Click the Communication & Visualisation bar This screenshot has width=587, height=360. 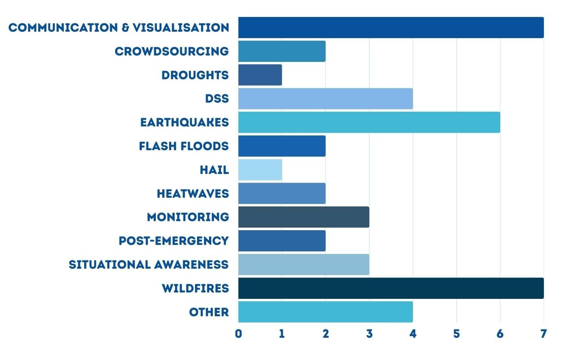point(391,28)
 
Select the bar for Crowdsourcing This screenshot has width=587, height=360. point(282,51)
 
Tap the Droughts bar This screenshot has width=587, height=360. point(260,75)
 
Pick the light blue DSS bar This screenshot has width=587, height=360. point(325,98)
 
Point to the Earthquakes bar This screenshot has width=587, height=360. point(369,122)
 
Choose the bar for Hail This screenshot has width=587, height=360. point(260,170)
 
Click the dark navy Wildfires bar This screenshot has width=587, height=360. point(391,288)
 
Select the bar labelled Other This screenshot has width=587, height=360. point(325,312)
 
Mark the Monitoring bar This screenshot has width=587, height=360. point(304,217)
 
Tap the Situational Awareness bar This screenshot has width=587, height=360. point(304,265)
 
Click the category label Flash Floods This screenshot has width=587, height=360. point(184,146)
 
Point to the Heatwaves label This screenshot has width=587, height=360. point(193,194)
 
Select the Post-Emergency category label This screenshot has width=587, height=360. point(174,241)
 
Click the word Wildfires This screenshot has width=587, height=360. point(195,288)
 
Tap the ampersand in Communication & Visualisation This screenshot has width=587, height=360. point(125,28)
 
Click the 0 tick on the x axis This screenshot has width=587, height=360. point(238,334)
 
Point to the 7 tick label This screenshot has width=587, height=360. point(544,334)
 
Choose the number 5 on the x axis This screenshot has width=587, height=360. point(456,334)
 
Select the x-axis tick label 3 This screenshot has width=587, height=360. point(369,334)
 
